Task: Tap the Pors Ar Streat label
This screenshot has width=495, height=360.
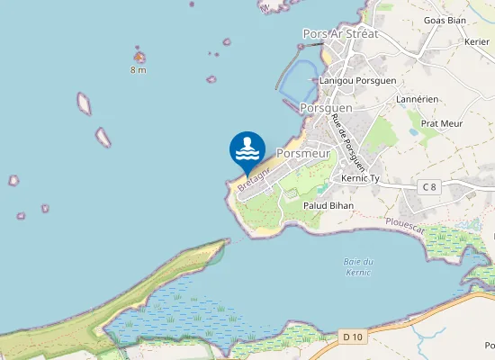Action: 340,34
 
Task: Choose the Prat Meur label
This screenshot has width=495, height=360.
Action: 442,123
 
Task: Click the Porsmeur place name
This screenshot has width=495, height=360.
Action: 303,153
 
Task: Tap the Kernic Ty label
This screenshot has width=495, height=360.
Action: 362,179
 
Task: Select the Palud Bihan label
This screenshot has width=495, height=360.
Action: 328,206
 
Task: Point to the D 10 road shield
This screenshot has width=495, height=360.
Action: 354,337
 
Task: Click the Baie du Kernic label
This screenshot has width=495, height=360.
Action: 358,265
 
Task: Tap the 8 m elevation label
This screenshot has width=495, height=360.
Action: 138,70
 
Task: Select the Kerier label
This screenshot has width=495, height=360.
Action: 477,41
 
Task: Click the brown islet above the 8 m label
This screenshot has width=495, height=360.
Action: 139,58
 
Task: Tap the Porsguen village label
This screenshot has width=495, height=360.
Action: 326,107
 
